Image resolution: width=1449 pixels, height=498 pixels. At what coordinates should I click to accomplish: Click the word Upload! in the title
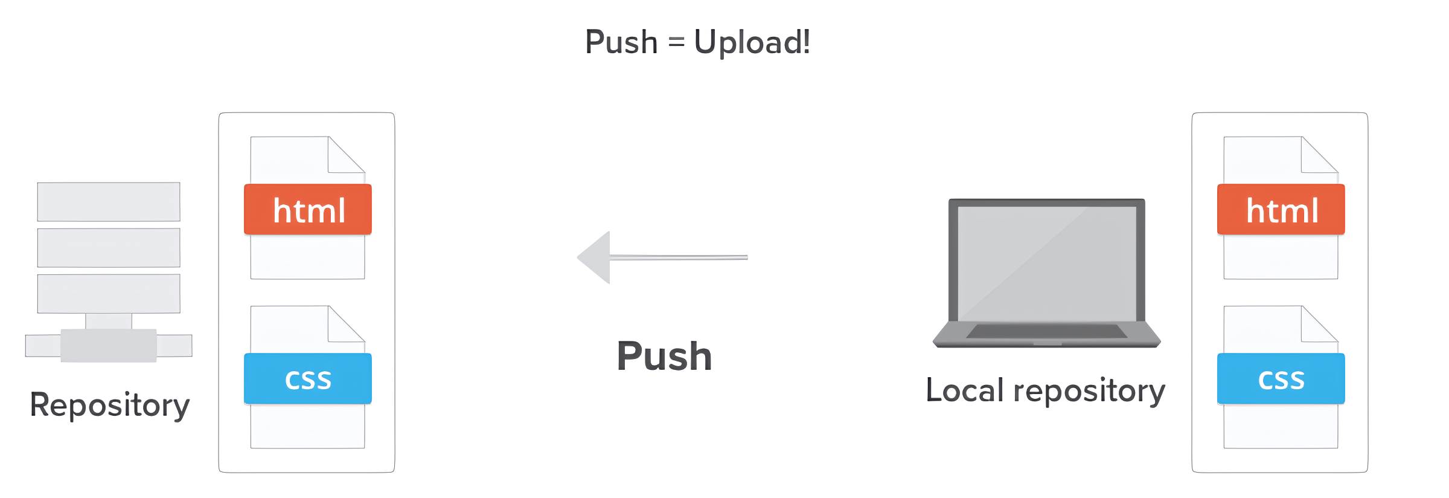coord(752,42)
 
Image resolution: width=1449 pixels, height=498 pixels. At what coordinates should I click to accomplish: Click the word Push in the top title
coord(621,42)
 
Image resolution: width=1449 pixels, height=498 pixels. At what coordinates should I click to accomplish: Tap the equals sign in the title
coord(676,42)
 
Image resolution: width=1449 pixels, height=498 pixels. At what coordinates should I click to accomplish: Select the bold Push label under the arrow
coord(664,356)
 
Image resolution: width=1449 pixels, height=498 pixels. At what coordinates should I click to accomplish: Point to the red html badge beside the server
coord(308,210)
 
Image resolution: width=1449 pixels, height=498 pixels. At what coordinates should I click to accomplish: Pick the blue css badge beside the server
coord(308,379)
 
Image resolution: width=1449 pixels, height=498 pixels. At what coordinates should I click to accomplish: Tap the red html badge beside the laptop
coord(1281,210)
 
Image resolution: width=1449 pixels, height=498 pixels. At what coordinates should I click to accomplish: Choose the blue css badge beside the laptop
coord(1281,379)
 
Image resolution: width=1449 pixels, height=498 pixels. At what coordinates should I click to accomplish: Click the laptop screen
coord(1047,263)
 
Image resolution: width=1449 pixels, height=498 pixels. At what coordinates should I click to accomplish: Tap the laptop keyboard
coord(1046,331)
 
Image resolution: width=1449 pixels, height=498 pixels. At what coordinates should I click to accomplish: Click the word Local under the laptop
coord(965,390)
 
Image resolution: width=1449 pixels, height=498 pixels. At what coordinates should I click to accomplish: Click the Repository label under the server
coord(109,405)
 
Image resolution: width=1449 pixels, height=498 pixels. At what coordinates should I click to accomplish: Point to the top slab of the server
coord(109,202)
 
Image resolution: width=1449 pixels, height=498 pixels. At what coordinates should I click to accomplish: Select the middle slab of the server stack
coord(109,248)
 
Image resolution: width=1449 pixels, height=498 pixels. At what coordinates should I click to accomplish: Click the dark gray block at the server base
coord(109,346)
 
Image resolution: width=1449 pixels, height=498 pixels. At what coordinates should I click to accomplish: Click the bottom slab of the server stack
coord(109,294)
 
